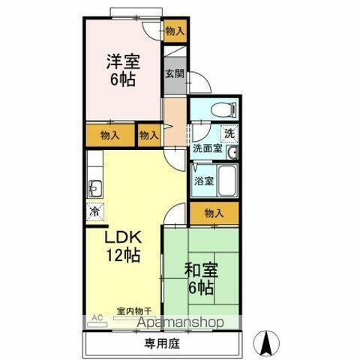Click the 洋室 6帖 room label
tap(121, 69)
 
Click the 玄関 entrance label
tap(174, 73)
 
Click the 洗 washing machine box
tap(229, 133)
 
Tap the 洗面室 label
tap(207, 148)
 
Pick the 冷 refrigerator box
tap(95, 211)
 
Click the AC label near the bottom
tap(95, 318)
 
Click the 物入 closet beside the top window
tap(175, 32)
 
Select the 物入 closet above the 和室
tap(214, 213)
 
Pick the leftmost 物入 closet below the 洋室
tap(109, 135)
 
